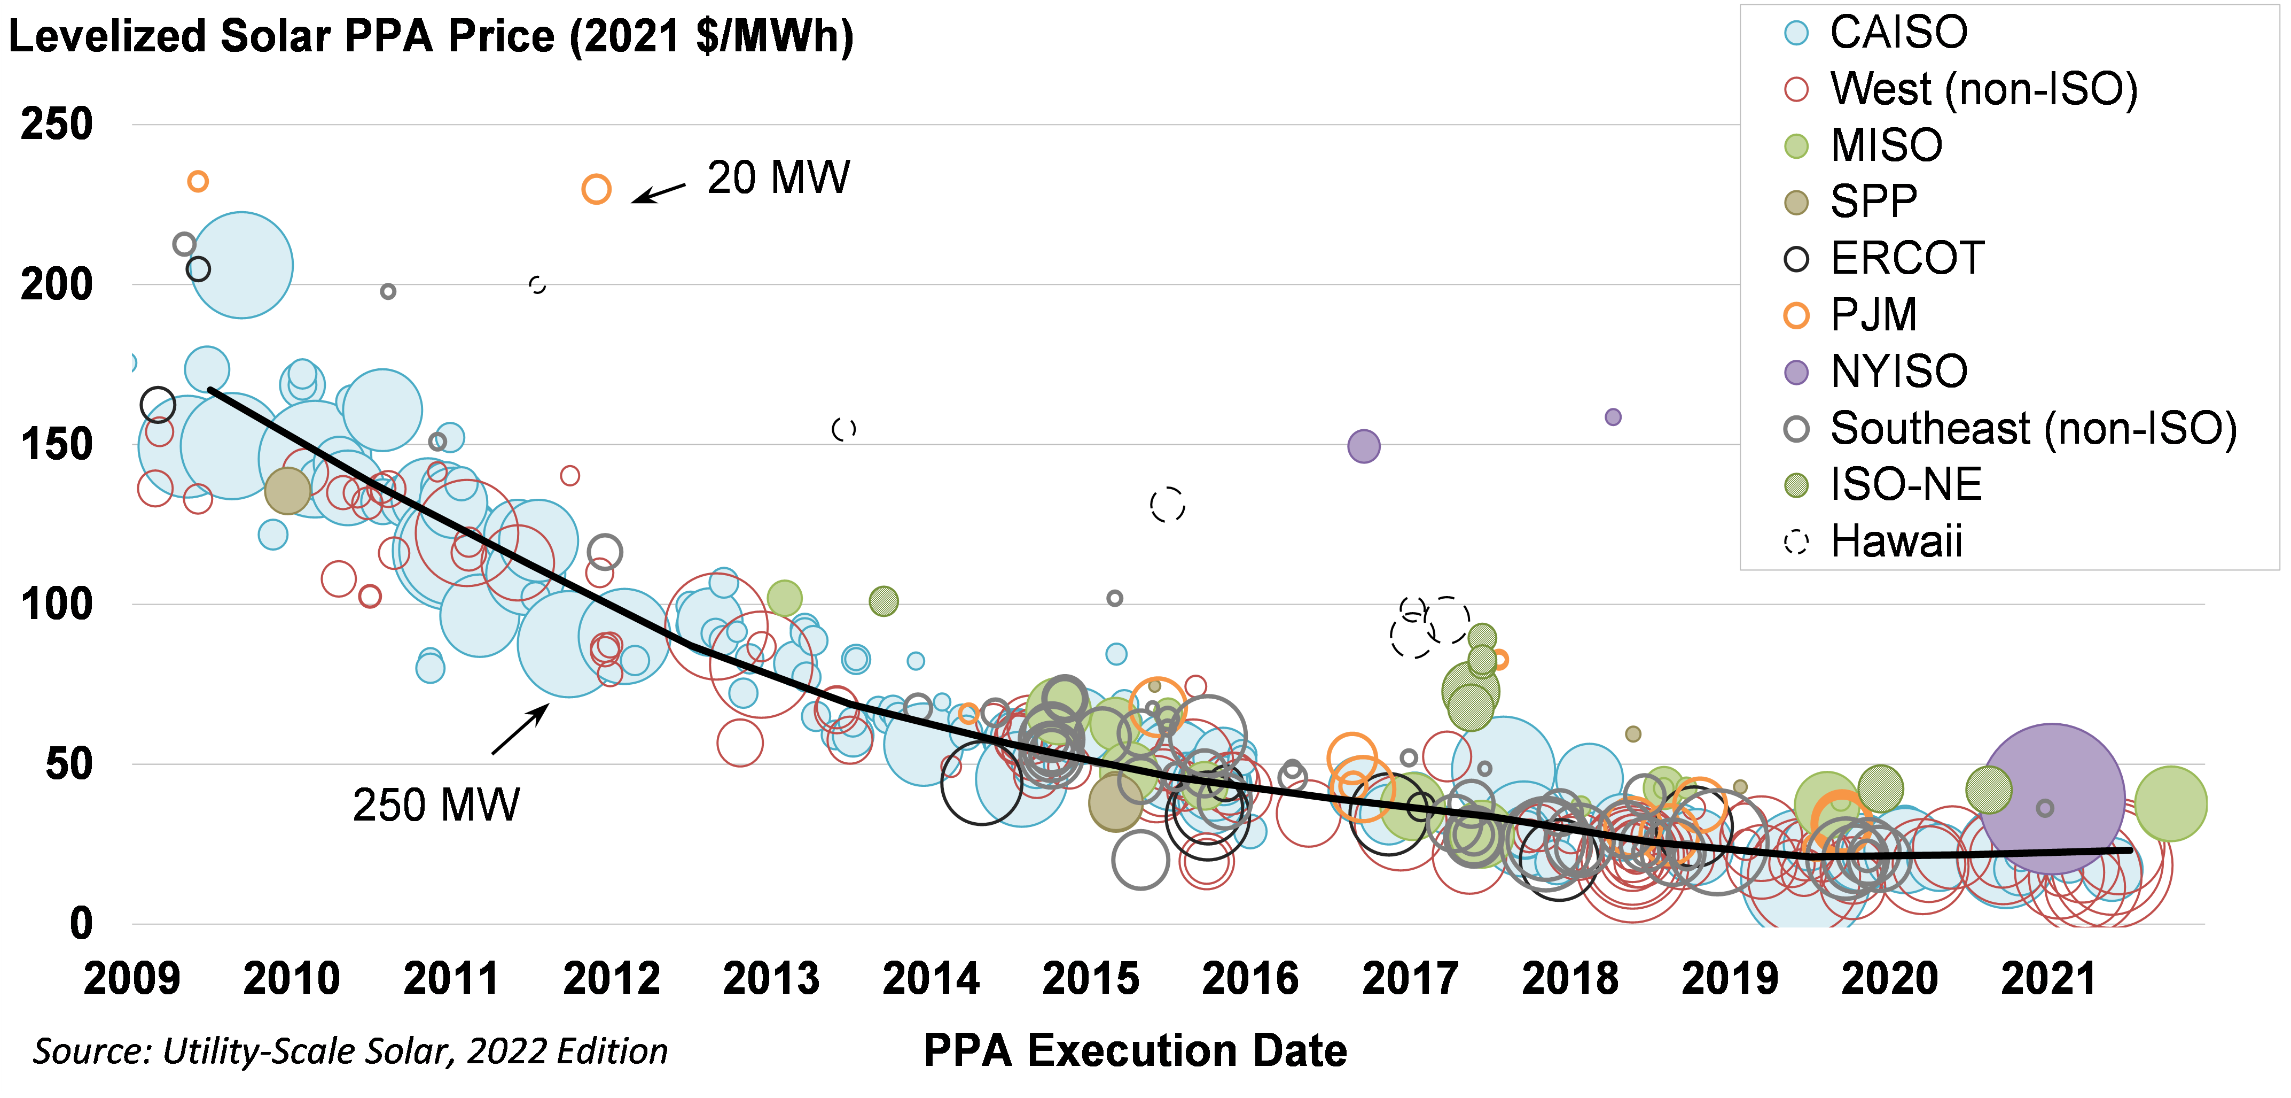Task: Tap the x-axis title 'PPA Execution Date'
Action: (x=1135, y=1051)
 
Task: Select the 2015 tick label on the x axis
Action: (x=1090, y=979)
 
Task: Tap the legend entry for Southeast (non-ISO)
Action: (x=2032, y=429)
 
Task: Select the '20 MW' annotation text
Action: (x=778, y=178)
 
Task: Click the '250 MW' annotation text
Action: (x=436, y=805)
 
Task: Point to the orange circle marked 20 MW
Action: (x=596, y=190)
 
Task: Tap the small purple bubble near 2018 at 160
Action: (x=1613, y=416)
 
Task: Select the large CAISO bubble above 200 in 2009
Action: (x=241, y=265)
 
